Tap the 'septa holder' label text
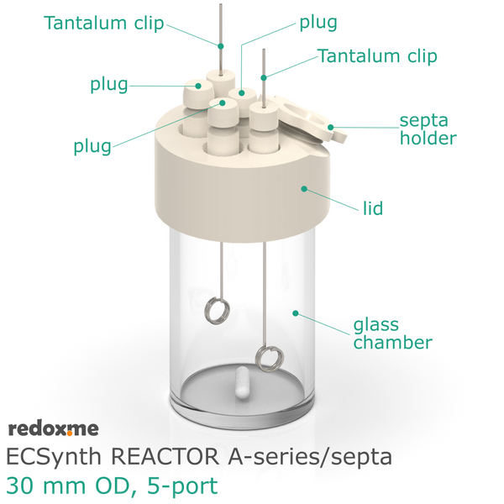click(428, 130)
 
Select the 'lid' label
click(373, 208)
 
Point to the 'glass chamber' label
click(392, 334)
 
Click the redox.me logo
click(54, 428)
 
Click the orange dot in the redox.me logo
click(70, 433)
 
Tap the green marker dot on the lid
click(304, 189)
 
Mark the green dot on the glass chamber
click(296, 313)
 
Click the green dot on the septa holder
click(330, 128)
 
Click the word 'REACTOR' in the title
click(165, 457)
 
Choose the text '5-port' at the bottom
click(182, 486)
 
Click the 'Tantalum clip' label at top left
click(104, 24)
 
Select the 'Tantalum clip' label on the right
click(377, 56)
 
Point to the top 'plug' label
click(318, 24)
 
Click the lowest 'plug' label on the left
click(92, 147)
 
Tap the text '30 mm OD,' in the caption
click(72, 486)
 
